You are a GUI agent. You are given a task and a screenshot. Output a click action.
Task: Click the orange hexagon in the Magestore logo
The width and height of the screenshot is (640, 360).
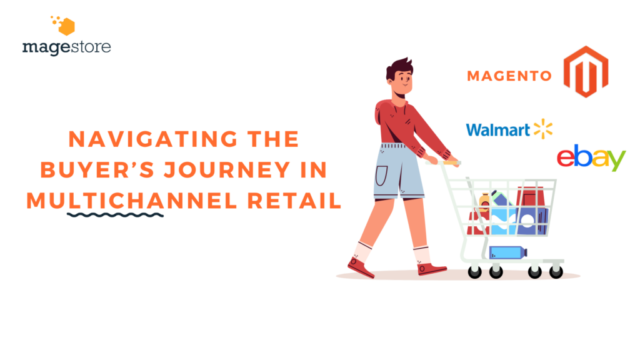pos(66,27)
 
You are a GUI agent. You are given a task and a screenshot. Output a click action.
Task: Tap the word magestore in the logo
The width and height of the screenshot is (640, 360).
pos(66,47)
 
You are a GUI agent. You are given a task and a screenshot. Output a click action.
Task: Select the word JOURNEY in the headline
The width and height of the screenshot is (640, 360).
pos(227,170)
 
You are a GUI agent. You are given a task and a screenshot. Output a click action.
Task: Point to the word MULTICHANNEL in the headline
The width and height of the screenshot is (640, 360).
pos(132,201)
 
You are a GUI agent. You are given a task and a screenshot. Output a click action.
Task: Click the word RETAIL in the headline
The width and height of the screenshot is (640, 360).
pos(294,201)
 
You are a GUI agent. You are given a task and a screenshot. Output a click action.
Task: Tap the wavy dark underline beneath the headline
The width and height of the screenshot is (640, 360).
pos(116,215)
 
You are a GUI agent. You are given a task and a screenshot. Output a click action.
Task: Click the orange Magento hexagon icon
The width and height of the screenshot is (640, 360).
pos(586,72)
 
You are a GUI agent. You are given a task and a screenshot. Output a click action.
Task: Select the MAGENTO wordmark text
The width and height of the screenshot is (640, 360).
pos(509,76)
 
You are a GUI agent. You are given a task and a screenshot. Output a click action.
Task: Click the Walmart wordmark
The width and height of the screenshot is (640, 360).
pos(498,130)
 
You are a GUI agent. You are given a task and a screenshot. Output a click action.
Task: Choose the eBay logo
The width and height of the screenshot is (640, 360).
pos(591,157)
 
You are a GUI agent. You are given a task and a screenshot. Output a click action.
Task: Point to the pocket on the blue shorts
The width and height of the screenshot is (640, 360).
pos(381,176)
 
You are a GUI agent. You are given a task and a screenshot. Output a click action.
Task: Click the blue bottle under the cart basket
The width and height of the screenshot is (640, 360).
pos(507,252)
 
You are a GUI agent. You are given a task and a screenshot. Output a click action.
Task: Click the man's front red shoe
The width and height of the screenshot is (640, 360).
pos(431,269)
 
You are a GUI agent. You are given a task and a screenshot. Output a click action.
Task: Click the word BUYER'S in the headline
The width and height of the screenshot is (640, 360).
pos(97,170)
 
